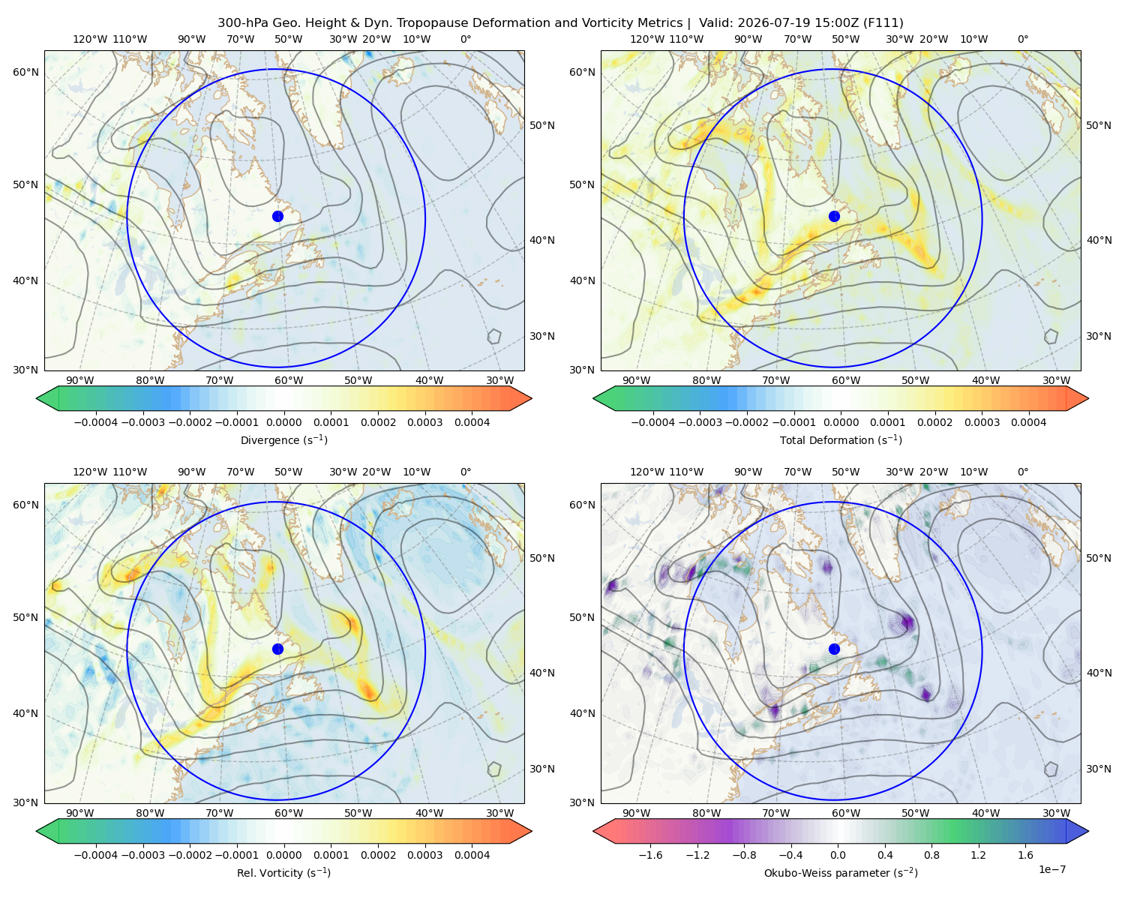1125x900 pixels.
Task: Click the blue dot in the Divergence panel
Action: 277,216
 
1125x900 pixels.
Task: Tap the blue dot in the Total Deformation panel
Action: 834,216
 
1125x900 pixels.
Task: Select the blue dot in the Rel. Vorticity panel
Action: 277,649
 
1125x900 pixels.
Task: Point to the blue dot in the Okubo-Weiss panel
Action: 834,649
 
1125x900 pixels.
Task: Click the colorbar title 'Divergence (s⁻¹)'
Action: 283,439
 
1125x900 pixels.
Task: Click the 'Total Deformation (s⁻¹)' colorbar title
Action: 841,439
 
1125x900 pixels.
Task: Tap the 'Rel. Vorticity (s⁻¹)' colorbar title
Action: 283,872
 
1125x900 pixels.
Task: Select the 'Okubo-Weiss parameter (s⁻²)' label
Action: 841,872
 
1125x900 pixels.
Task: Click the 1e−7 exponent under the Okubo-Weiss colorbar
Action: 1051,869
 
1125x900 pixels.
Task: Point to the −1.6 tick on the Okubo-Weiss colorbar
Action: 650,854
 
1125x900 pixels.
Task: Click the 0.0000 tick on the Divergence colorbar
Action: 283,422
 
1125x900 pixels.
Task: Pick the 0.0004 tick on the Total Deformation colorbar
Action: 1028,422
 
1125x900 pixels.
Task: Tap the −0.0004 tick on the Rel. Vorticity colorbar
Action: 96,854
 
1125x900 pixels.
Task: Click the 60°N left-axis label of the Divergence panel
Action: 25,72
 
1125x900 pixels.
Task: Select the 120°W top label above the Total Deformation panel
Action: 647,39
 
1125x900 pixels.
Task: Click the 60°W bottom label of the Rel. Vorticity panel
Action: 289,813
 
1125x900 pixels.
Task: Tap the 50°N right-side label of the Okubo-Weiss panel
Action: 1098,557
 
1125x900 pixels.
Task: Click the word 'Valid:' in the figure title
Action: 714,23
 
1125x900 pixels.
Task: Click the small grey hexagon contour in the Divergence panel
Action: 494,336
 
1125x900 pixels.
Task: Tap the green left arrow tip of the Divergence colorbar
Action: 37,398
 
